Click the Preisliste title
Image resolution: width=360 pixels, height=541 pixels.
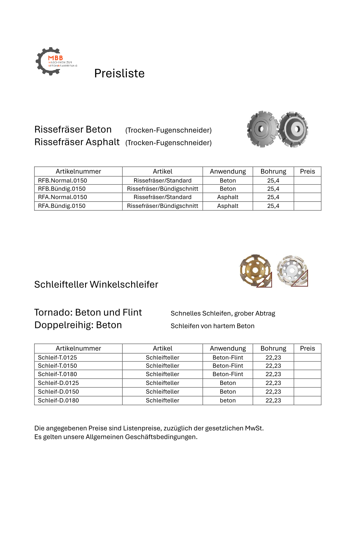pos(119,74)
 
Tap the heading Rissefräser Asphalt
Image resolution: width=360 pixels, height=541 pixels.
pos(77,142)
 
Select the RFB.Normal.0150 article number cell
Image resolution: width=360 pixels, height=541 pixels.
pos(62,181)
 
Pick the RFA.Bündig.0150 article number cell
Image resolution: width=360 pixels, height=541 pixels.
pos(62,206)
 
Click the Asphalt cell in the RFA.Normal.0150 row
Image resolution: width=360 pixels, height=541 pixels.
pos(228,197)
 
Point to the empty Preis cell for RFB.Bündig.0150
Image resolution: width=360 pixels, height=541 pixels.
pos(307,189)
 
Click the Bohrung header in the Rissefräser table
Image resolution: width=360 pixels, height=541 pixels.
pos(273,172)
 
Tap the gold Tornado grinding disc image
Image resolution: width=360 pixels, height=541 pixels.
pos(255,270)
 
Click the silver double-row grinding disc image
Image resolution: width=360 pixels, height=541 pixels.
pos(292,270)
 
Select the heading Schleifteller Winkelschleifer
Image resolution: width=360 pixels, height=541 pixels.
pos(96,285)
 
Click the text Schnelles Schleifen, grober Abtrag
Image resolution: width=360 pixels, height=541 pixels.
pos(223,314)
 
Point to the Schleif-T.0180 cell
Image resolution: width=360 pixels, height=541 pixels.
pos(57,374)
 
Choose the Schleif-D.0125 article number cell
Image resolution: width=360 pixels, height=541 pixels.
pos(58,383)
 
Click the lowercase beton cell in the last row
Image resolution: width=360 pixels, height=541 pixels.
pos(228,401)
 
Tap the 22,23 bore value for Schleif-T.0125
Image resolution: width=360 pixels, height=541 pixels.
pos(273,358)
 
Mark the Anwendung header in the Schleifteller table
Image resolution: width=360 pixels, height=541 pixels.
pos(228,349)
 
